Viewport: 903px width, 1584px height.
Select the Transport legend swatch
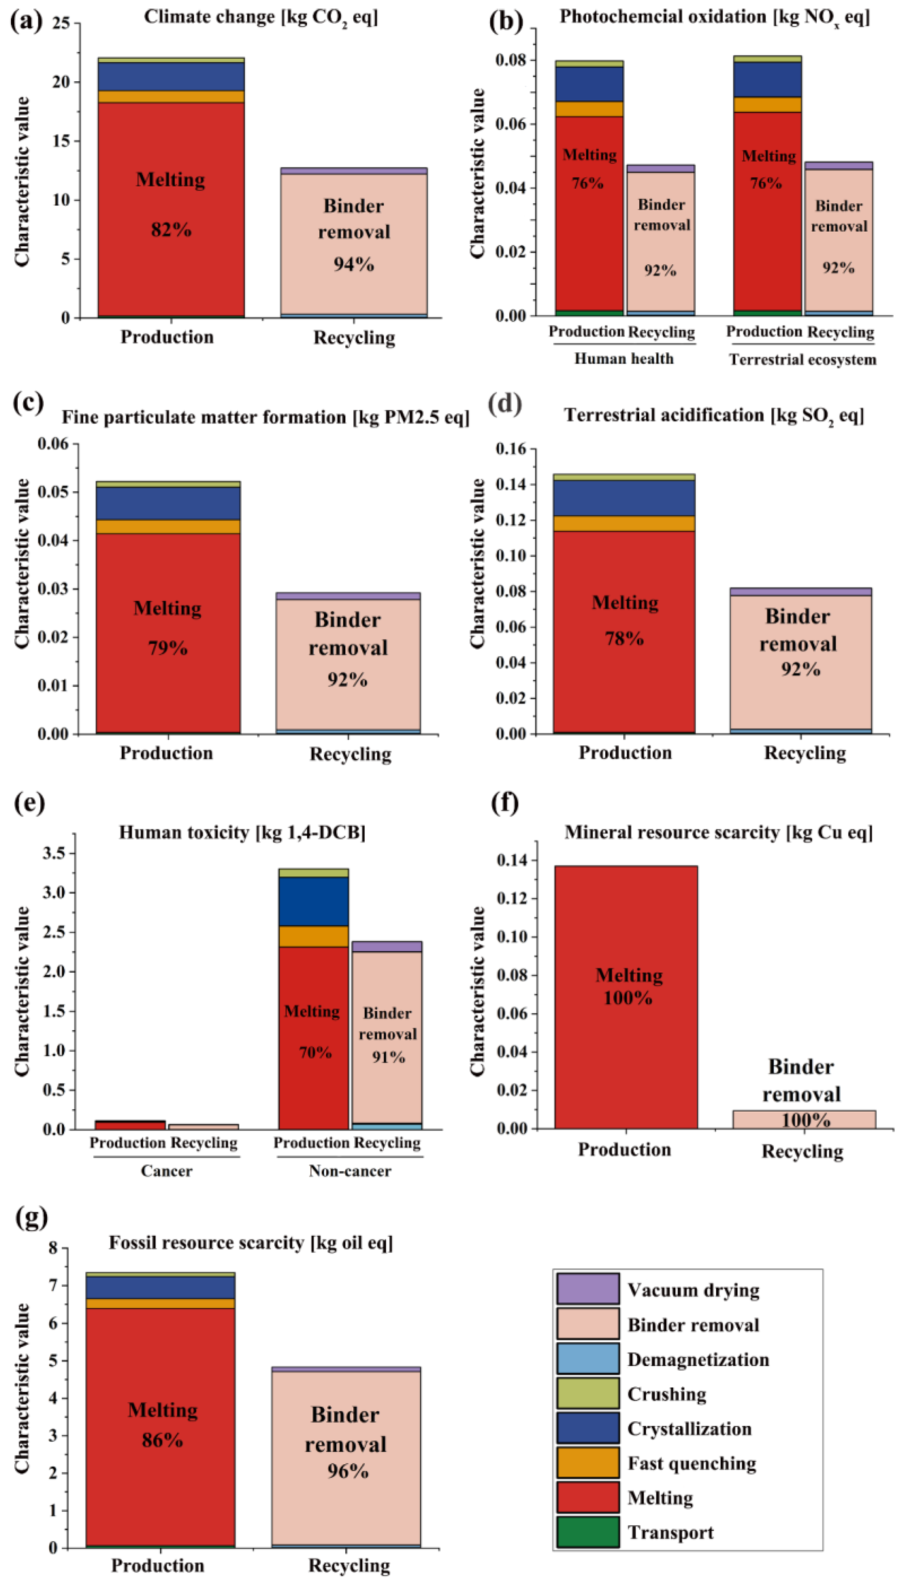[587, 1532]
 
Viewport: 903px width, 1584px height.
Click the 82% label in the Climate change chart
[171, 230]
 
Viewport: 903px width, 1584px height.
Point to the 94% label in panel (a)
[354, 264]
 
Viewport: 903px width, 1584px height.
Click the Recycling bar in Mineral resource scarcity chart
[804, 1119]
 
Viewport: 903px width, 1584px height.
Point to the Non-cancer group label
[350, 1171]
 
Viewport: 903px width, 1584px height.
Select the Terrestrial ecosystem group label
[803, 359]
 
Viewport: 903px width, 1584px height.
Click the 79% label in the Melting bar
[167, 648]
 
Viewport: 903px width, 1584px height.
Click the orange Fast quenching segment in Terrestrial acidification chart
[624, 523]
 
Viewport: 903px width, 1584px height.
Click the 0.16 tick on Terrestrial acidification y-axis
[511, 449]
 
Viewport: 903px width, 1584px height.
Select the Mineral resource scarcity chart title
[718, 832]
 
